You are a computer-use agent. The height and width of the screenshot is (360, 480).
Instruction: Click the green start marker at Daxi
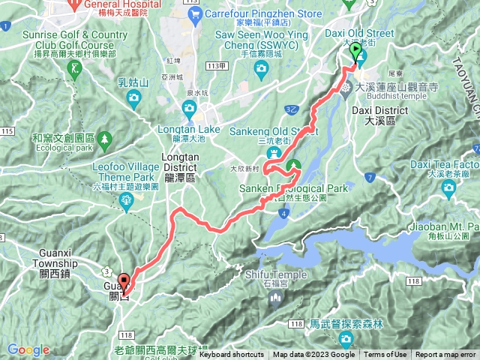coord(355,53)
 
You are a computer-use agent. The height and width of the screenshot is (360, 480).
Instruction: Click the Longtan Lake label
coord(189,129)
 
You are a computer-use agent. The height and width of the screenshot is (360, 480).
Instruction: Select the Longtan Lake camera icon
coord(189,110)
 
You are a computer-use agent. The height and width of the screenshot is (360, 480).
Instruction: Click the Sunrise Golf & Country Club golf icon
coord(75,69)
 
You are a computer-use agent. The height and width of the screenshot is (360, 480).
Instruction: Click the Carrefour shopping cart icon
coord(194,13)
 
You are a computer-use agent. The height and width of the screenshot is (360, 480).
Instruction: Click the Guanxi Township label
coord(55,264)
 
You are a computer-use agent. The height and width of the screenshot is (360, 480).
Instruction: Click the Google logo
coord(28,349)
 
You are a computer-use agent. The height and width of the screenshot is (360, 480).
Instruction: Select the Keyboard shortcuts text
coord(230,355)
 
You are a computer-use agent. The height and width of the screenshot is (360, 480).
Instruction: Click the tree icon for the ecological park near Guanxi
coord(105,139)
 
